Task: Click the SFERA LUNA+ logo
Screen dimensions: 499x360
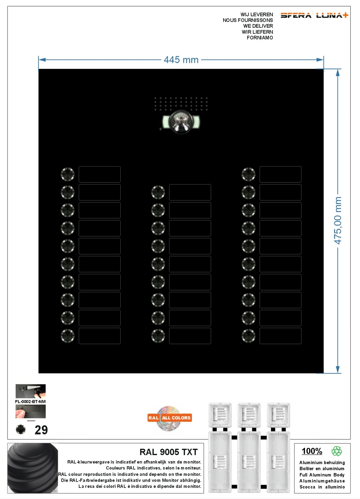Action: point(314,15)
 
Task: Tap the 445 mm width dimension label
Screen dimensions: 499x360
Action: point(181,60)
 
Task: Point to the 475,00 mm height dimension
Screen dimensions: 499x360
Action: point(337,220)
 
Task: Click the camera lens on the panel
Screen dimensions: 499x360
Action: point(181,122)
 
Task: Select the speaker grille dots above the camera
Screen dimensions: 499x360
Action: point(181,103)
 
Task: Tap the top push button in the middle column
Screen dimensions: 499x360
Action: point(158,192)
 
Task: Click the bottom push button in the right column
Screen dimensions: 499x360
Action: point(248,336)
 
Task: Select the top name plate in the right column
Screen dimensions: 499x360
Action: point(280,174)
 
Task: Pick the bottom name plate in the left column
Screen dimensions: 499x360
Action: point(99,336)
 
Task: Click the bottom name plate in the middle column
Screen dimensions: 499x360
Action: point(190,336)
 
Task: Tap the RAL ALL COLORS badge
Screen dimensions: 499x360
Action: point(170,418)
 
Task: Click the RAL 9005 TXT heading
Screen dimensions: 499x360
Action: point(168,452)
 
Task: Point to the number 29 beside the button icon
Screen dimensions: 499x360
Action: point(41,430)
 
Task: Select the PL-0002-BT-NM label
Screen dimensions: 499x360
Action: point(30,402)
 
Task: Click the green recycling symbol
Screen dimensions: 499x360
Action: point(337,451)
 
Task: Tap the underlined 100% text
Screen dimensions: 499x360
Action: point(312,451)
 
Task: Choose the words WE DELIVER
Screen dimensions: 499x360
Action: point(258,26)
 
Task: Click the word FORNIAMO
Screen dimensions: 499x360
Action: point(260,37)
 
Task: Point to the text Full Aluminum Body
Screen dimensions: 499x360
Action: point(322,475)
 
